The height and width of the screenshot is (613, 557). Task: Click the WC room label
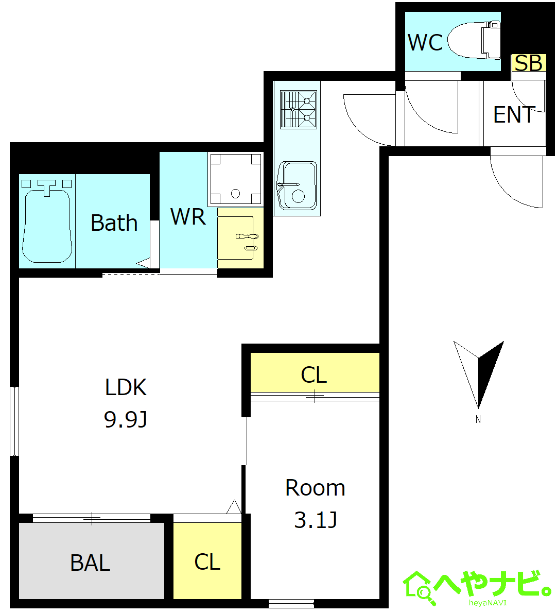[x=425, y=43]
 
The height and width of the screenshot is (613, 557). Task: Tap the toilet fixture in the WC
[x=474, y=41]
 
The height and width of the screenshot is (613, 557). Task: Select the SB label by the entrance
[x=528, y=63]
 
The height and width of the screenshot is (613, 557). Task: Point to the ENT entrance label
[x=514, y=114]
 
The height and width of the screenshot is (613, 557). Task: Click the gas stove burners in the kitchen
[x=298, y=109]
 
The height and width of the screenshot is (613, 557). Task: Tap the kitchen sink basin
[x=297, y=185]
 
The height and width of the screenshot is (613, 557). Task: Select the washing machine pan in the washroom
[x=236, y=179]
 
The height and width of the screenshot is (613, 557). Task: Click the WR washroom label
[x=188, y=216]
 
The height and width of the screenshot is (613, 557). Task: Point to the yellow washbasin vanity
[x=240, y=238]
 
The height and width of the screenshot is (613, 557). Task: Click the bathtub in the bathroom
[x=47, y=222]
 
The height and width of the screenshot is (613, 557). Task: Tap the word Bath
[x=114, y=223]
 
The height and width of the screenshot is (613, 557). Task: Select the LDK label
[x=126, y=387]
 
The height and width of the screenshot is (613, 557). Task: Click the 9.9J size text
[x=126, y=419]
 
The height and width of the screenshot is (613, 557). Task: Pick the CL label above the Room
[x=314, y=375]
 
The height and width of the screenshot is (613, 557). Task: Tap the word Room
[x=315, y=488]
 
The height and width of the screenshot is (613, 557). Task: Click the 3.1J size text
[x=316, y=520]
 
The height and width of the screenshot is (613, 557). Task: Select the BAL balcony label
[x=90, y=563]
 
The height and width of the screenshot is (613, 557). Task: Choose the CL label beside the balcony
[x=207, y=562]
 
